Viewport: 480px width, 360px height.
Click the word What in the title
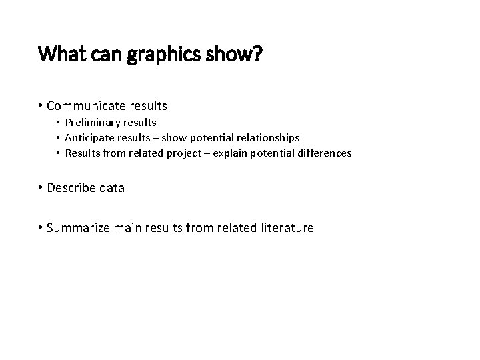(61, 53)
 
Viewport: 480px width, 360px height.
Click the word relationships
(264, 138)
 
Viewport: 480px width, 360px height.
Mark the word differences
(325, 153)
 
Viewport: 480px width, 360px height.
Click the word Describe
(72, 188)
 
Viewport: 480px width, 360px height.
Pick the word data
(111, 188)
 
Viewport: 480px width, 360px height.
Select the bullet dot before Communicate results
(41, 105)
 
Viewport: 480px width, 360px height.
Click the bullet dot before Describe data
(41, 188)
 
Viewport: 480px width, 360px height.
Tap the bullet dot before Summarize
(41, 228)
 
